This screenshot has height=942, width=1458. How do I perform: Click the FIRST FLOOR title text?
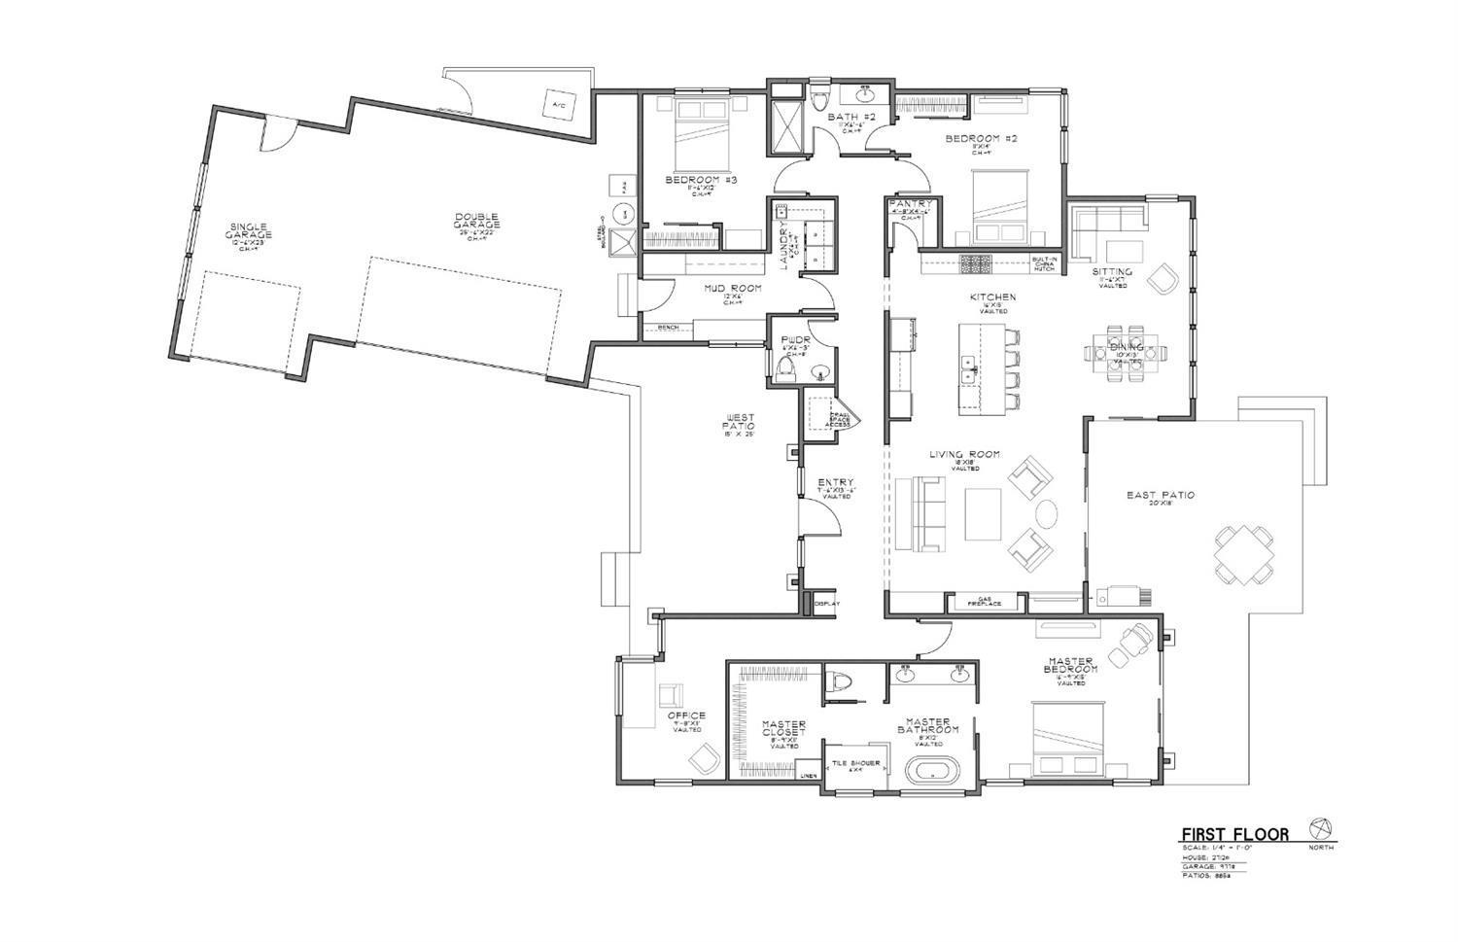click(x=1234, y=834)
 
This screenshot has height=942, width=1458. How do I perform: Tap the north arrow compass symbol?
click(x=1320, y=827)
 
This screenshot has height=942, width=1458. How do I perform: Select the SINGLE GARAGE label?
click(x=249, y=230)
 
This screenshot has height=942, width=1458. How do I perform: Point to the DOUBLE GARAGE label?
click(x=476, y=221)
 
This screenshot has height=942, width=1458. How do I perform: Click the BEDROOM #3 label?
click(x=701, y=181)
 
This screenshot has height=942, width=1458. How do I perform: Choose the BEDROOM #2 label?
click(x=981, y=139)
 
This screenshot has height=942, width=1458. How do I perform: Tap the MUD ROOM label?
click(x=733, y=289)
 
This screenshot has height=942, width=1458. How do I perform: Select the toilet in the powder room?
click(x=787, y=366)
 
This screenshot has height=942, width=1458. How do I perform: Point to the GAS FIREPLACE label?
click(x=984, y=602)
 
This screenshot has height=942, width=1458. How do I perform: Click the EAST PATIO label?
click(x=1161, y=496)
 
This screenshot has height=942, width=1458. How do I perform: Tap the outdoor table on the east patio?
click(x=1243, y=554)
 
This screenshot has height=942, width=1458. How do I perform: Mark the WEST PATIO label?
click(x=739, y=424)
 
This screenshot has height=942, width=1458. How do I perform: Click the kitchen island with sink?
click(x=982, y=369)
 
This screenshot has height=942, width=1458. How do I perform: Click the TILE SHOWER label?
click(x=855, y=764)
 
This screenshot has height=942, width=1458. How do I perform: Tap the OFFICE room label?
click(x=687, y=716)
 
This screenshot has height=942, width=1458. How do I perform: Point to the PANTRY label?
click(x=911, y=204)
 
